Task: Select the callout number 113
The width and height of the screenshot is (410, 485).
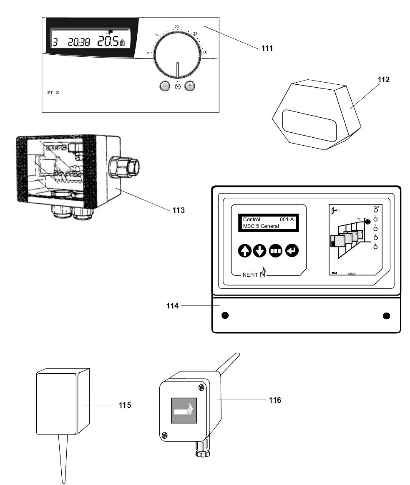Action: point(179,210)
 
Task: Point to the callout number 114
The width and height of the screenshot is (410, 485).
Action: point(172,306)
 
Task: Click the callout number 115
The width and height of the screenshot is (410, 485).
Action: point(124,405)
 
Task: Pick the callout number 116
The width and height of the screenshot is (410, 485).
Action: point(274,400)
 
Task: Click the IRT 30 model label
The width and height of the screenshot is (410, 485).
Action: point(53,92)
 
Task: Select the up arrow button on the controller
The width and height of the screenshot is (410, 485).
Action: point(245,251)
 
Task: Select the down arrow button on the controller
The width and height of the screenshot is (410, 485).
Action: point(260,251)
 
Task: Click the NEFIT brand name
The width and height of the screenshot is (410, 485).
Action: point(250,275)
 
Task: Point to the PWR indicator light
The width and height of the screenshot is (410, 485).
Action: point(375,211)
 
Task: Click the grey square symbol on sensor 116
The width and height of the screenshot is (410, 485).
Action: point(184,410)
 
